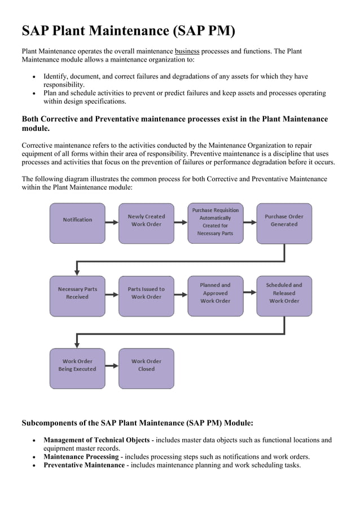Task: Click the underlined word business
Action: pos(187,51)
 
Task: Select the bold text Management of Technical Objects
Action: pos(96,440)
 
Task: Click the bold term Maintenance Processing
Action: pos(83,457)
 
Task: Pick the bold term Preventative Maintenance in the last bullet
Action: pos(84,465)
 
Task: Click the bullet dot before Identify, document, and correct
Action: pos(35,77)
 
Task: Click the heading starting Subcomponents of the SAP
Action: pos(137,423)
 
